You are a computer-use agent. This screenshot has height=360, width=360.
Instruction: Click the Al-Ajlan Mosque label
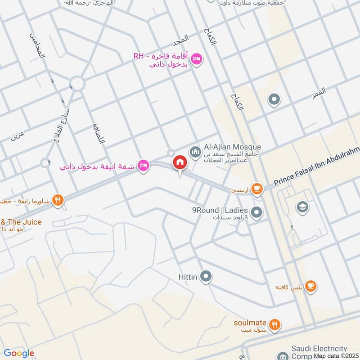pos(233,147)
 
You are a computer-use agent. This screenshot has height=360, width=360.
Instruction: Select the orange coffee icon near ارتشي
pos(257,189)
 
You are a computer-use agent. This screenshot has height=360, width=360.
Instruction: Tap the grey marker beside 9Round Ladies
pos(256,212)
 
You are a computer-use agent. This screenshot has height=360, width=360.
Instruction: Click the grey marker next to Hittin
pos(206,276)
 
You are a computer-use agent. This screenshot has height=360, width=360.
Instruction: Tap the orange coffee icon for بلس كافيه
pos(310,286)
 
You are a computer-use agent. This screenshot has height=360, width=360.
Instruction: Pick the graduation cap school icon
pos(301,207)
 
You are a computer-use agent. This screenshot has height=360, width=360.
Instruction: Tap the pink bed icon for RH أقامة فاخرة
pos(197,59)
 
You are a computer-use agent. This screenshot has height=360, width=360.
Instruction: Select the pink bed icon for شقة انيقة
pos(144,166)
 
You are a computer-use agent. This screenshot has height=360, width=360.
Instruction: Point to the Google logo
pos(18,353)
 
